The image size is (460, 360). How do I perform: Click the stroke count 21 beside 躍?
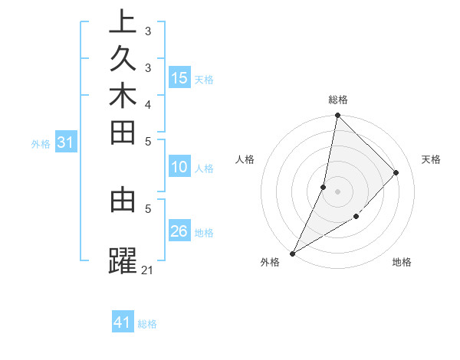pyautogui.click(x=148, y=270)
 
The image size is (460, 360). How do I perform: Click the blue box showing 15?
pyautogui.click(x=179, y=78)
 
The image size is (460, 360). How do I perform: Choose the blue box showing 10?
pyautogui.click(x=179, y=168)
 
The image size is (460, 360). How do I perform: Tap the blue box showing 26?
pyautogui.click(x=179, y=232)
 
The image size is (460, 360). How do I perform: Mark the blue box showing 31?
pyautogui.click(x=65, y=142)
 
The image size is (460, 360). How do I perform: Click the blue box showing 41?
pyautogui.click(x=123, y=322)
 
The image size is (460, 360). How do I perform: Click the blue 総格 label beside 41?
pyautogui.click(x=147, y=324)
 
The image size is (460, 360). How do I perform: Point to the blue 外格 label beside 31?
pyautogui.click(x=41, y=143)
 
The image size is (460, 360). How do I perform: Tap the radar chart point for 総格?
pyautogui.click(x=337, y=115)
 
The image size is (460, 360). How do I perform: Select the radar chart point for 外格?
pyautogui.click(x=292, y=254)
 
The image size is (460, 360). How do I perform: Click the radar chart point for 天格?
pyautogui.click(x=396, y=172)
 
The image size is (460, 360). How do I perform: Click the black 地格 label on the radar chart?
pyautogui.click(x=402, y=262)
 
